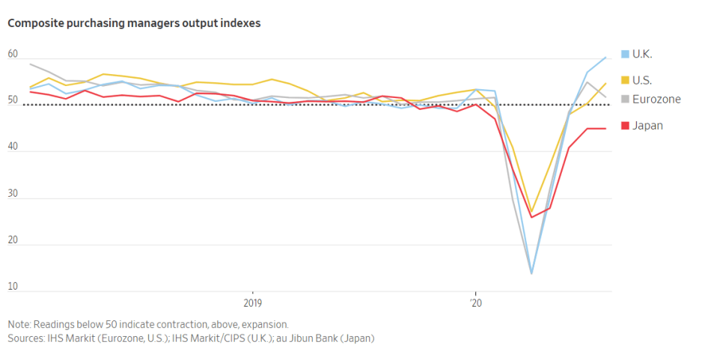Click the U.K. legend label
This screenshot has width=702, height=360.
(x=642, y=54)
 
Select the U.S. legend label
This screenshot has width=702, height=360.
(x=642, y=79)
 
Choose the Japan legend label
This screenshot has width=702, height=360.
(x=647, y=125)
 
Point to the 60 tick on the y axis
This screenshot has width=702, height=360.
(x=13, y=54)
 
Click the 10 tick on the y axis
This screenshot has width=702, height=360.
(x=13, y=287)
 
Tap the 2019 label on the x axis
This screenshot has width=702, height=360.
(x=252, y=304)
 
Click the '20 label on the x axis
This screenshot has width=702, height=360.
(x=474, y=304)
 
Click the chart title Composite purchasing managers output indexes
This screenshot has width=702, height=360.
(x=134, y=23)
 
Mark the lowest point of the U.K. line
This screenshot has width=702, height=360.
(x=531, y=273)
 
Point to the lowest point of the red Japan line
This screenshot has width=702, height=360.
(x=531, y=217)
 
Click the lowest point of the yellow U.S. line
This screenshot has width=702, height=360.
(x=531, y=212)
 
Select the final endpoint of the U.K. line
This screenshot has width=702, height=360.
(x=605, y=57)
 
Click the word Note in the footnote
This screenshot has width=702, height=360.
(x=19, y=325)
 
